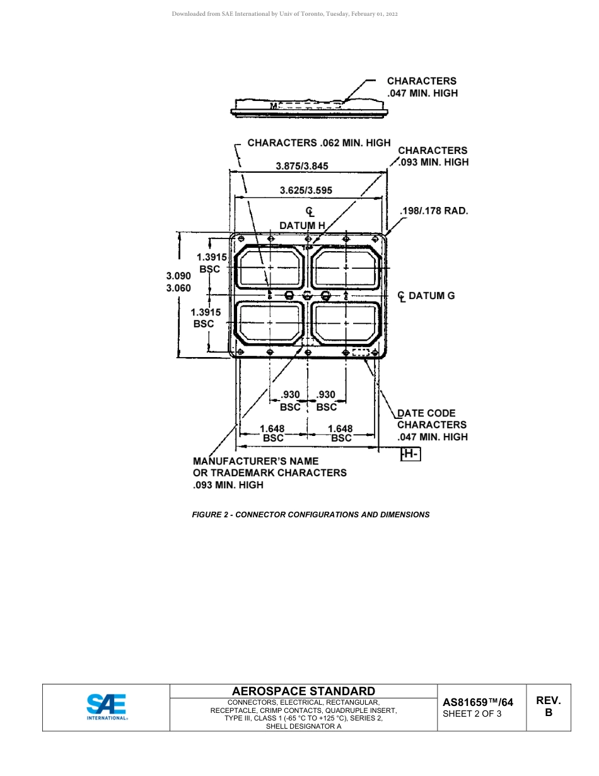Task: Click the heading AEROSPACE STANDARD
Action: tap(303, 691)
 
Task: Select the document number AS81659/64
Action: tap(478, 702)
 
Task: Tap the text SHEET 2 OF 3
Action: tap(472, 714)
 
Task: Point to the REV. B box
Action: tap(548, 707)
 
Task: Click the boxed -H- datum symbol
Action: tap(410, 454)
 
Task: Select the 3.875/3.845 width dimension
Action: tap(302, 166)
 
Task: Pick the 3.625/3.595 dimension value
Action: tap(306, 190)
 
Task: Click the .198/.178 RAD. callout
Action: tap(434, 211)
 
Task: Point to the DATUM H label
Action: tap(302, 225)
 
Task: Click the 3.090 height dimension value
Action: tap(178, 276)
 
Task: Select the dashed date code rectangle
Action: tap(361, 352)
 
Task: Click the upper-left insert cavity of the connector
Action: tap(270, 267)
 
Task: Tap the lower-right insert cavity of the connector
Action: tap(346, 323)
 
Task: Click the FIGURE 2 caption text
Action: tap(310, 515)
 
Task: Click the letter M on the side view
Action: tap(274, 106)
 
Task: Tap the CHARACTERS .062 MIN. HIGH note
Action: tap(318, 143)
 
